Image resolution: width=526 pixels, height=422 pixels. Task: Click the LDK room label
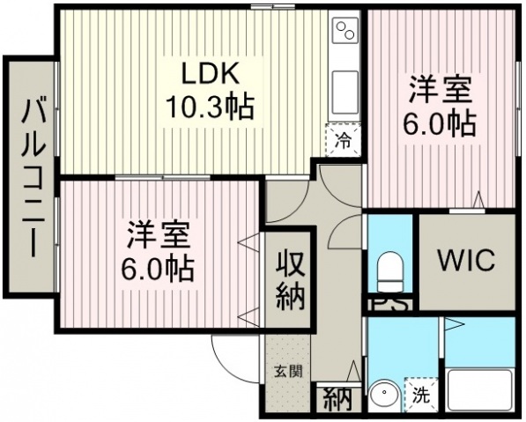click(x=211, y=73)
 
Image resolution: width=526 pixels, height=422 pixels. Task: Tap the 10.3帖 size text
click(x=210, y=107)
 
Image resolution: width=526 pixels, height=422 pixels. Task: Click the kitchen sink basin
click(x=344, y=93)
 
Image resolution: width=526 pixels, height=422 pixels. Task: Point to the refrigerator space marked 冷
click(x=343, y=140)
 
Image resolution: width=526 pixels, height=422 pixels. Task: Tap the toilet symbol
click(x=390, y=270)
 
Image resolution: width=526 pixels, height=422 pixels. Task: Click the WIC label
click(x=467, y=261)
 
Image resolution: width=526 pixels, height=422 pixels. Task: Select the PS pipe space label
click(x=389, y=305)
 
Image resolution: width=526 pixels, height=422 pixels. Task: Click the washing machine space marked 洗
click(x=421, y=394)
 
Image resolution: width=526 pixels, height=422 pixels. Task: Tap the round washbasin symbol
click(x=385, y=396)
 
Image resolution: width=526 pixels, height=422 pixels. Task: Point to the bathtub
click(x=479, y=390)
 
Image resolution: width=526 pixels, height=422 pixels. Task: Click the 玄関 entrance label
click(x=288, y=372)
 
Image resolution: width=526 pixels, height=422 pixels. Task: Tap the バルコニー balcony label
click(x=33, y=176)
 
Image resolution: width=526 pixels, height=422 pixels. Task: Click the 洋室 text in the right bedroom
click(x=440, y=90)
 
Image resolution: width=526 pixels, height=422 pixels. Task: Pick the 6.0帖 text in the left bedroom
click(x=158, y=269)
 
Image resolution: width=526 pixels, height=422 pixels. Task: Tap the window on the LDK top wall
click(x=273, y=6)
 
